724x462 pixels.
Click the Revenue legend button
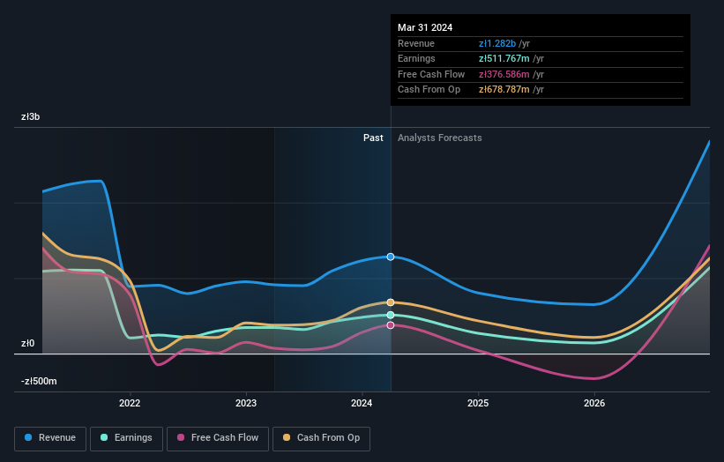point(50,437)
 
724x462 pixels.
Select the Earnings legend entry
point(127,437)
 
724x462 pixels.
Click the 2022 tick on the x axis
point(130,404)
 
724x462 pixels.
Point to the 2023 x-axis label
point(246,404)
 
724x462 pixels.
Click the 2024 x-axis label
point(362,404)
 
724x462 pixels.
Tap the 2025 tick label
point(478,404)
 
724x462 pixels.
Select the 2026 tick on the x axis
point(594,404)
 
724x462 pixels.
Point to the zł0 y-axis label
point(29,343)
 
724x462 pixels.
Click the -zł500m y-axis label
point(39,381)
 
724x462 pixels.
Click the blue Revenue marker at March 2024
point(391,257)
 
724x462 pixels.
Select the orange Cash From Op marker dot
point(391,302)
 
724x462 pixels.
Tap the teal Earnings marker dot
point(391,315)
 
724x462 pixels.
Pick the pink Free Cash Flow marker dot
point(391,325)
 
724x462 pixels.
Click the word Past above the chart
point(373,138)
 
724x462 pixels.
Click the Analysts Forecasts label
point(439,138)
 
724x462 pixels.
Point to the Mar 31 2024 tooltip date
point(425,27)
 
